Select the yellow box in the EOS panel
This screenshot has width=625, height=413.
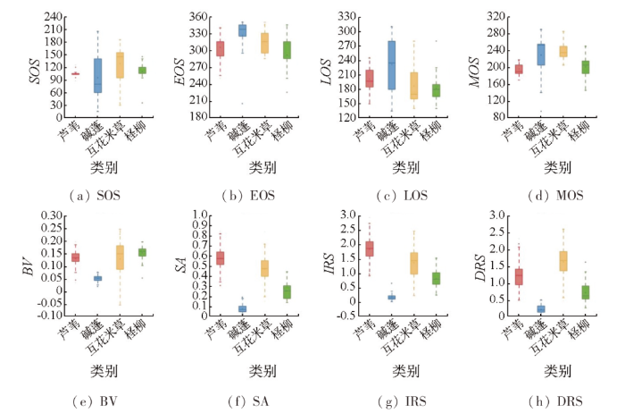click(x=263, y=43)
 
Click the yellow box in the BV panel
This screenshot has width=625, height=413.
click(x=121, y=257)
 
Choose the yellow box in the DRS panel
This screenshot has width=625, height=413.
click(x=562, y=260)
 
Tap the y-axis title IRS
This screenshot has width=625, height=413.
click(x=327, y=265)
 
